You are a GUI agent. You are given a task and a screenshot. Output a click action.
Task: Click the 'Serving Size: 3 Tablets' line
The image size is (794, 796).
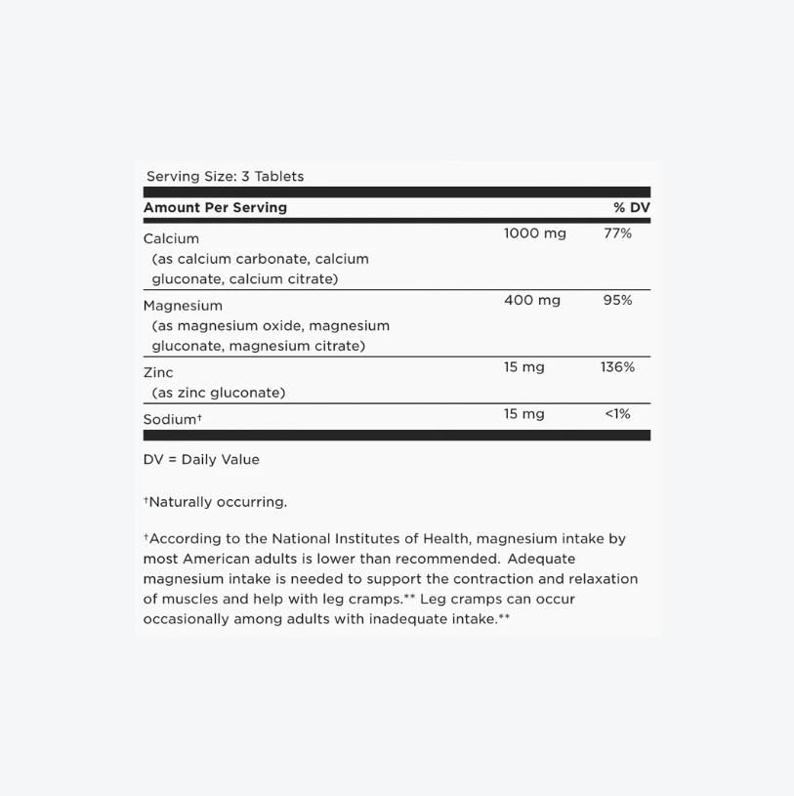coord(225,177)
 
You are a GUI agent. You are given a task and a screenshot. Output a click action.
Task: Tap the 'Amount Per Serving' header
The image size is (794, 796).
coord(215,207)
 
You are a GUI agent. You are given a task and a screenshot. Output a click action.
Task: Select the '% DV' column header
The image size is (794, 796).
coord(631,207)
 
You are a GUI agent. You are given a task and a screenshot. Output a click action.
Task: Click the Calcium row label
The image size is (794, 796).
coord(171,238)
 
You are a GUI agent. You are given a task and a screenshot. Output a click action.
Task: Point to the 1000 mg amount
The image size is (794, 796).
coord(534,233)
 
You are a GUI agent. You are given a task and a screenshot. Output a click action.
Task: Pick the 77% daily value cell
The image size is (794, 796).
coord(617,233)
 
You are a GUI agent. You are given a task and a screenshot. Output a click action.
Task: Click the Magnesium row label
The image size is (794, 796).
coord(183,306)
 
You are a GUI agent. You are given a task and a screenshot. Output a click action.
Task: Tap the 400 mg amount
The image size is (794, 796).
coord(532,300)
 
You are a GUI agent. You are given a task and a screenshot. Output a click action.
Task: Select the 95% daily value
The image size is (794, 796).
coord(617,300)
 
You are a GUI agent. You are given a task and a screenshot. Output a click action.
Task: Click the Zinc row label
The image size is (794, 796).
coord(158,372)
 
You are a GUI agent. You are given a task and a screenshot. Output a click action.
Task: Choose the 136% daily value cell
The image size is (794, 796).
coord(617,367)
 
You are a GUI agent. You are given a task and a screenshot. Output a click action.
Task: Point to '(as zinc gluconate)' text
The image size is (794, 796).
coord(219,393)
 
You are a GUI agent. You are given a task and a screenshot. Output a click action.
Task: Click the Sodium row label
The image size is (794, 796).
coord(172,419)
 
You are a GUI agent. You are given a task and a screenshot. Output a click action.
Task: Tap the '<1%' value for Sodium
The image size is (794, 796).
coord(617,414)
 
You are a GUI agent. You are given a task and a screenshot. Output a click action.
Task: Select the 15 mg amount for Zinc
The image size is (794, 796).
coord(524,367)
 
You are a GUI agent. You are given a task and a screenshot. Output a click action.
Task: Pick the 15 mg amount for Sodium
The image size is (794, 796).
coord(524,414)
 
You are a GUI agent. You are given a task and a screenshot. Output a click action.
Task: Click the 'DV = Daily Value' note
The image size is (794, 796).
coord(201,459)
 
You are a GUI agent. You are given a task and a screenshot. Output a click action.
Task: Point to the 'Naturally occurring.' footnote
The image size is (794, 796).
coord(216,502)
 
